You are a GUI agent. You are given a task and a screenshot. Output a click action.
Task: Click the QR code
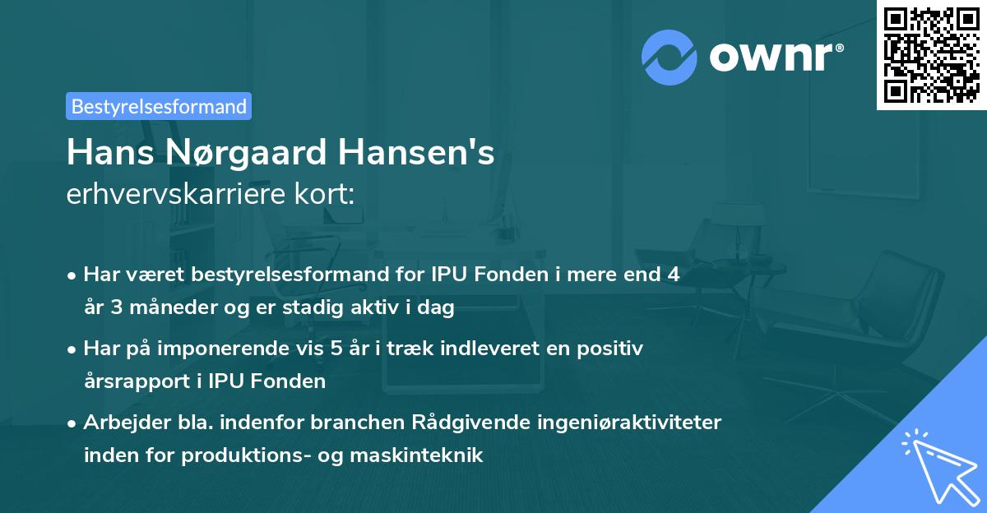pos(931,55)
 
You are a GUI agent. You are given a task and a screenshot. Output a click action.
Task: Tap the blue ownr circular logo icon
pos(670,57)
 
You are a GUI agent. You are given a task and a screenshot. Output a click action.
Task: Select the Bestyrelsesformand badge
pos(159,106)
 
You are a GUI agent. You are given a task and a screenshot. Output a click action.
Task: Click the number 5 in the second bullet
pos(336,349)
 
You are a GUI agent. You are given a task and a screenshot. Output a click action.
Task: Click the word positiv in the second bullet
pos(614,349)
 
